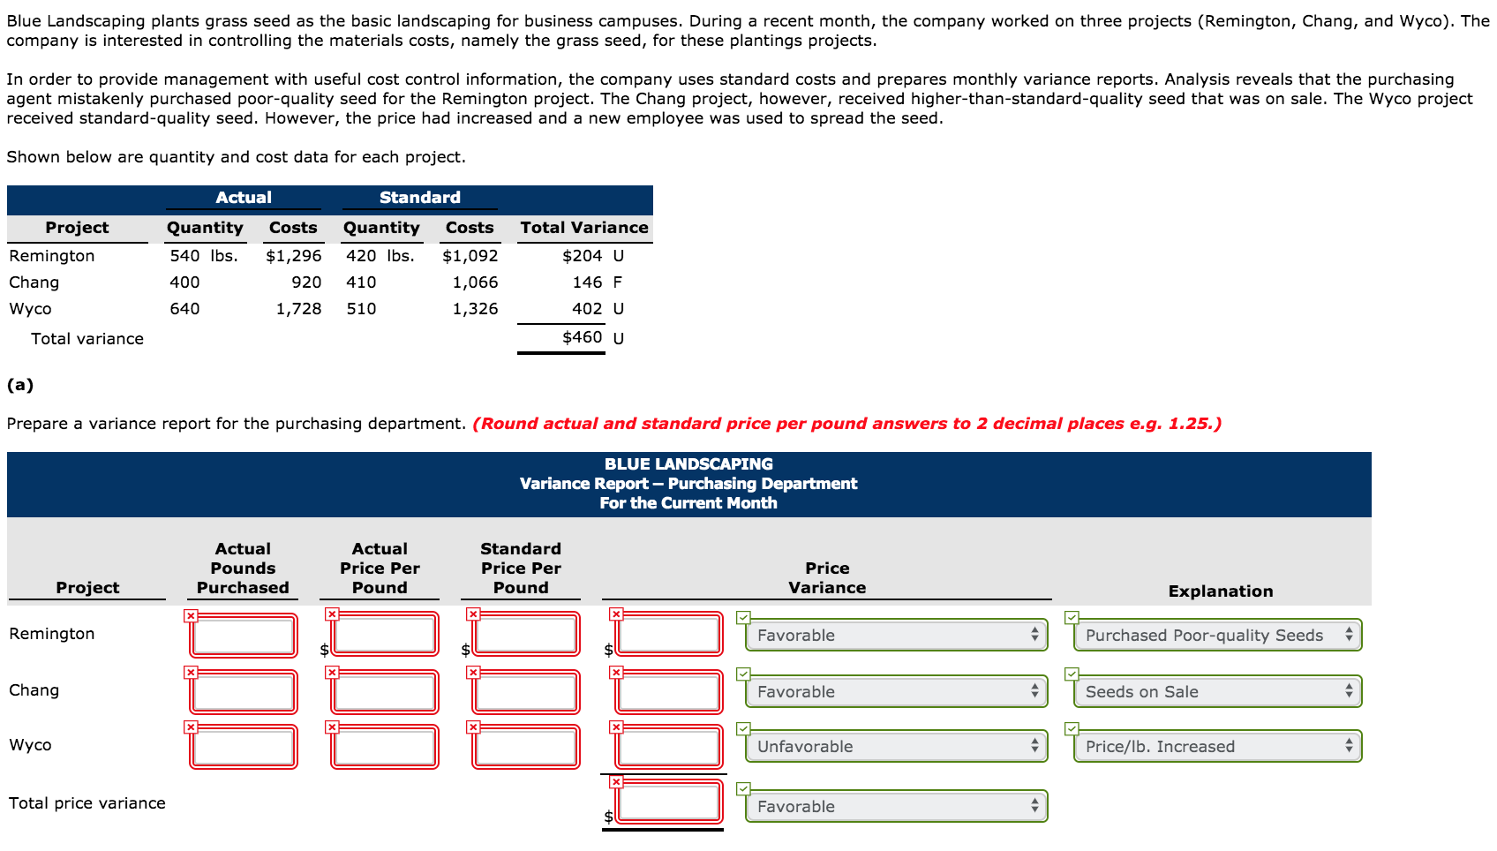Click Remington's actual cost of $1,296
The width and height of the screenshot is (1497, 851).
(x=293, y=256)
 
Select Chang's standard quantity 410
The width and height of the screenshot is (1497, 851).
(x=361, y=282)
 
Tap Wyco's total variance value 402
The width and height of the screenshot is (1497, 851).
(x=587, y=309)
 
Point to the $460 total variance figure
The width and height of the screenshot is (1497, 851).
(x=583, y=337)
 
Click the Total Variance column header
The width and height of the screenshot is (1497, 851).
(x=583, y=228)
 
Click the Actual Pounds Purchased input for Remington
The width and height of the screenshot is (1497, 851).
(x=244, y=635)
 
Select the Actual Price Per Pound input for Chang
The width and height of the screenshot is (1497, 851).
(x=385, y=691)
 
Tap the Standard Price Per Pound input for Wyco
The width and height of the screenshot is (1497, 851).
(x=526, y=746)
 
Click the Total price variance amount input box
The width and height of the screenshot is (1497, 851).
(x=669, y=802)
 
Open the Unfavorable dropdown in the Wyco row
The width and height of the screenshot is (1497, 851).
(x=896, y=746)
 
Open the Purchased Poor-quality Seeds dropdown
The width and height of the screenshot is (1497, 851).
(x=1217, y=635)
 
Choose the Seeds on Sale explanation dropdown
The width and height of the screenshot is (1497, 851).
(x=1217, y=691)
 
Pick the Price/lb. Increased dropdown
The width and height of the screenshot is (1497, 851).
(x=1217, y=746)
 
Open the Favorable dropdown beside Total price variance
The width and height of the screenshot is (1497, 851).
(x=896, y=806)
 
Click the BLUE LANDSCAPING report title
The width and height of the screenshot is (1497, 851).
(x=688, y=464)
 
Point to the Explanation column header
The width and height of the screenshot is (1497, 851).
(x=1220, y=591)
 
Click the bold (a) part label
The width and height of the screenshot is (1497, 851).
(x=20, y=385)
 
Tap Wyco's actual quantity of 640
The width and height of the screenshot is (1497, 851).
(x=184, y=309)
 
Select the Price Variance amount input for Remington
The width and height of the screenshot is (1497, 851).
(x=669, y=635)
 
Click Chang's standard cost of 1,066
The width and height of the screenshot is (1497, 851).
(x=475, y=282)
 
